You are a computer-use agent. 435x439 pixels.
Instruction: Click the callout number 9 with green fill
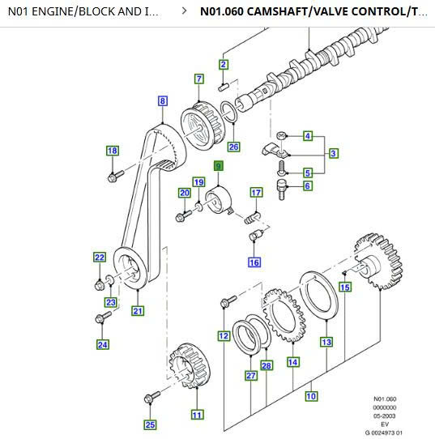219,166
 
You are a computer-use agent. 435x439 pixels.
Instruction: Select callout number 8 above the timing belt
163,100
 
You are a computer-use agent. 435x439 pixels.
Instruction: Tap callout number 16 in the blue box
254,262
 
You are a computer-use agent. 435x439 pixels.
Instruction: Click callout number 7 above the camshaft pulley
199,79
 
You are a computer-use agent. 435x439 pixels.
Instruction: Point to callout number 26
233,147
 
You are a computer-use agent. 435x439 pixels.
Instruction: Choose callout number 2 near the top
223,65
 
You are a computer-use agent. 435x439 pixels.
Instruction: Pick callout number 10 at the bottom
311,396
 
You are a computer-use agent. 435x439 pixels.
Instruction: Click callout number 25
150,424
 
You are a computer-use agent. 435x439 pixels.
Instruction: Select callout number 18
113,151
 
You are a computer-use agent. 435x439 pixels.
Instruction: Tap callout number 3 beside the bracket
333,153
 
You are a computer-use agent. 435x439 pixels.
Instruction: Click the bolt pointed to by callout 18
115,176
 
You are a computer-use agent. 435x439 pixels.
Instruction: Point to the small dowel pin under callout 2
224,87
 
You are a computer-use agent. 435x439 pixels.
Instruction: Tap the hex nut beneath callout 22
100,285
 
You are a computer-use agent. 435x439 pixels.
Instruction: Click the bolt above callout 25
152,397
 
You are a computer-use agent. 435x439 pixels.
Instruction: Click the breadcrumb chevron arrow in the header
184,11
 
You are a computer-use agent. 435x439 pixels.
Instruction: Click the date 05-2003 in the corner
385,416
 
